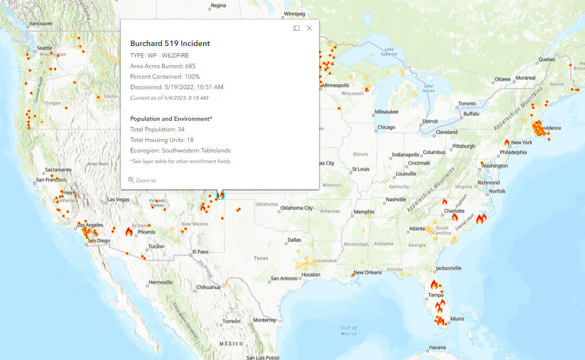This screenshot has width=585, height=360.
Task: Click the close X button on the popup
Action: pyautogui.click(x=310, y=28)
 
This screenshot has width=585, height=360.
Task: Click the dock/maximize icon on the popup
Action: pyautogui.click(x=297, y=28)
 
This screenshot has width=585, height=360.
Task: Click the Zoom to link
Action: pyautogui.click(x=142, y=180)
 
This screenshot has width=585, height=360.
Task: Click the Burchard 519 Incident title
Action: pyautogui.click(x=170, y=44)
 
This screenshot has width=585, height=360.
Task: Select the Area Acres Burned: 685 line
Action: pyautogui.click(x=163, y=66)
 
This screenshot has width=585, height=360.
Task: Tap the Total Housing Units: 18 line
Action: pyautogui.click(x=162, y=140)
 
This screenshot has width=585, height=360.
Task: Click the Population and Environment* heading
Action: pyautogui.click(x=171, y=119)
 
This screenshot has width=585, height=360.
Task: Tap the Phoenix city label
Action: pyautogui.click(x=146, y=232)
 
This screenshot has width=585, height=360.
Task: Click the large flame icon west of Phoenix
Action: pyautogui.click(x=128, y=232)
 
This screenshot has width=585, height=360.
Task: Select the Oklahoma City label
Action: pyautogui.click(x=297, y=208)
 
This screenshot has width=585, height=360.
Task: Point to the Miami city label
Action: pyautogui.click(x=457, y=319)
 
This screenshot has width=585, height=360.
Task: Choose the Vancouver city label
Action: pyautogui.click(x=41, y=23)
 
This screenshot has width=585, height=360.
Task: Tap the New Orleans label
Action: pyautogui.click(x=367, y=272)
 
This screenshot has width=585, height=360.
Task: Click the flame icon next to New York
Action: pyautogui.click(x=507, y=142)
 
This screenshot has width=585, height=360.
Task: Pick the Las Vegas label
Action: pyautogui.click(x=118, y=199)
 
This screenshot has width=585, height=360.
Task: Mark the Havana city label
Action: pyautogui.click(x=437, y=348)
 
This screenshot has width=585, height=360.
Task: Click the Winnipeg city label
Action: pyautogui.click(x=294, y=13)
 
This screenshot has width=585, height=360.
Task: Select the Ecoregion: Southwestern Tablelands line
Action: pyautogui.click(x=180, y=151)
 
